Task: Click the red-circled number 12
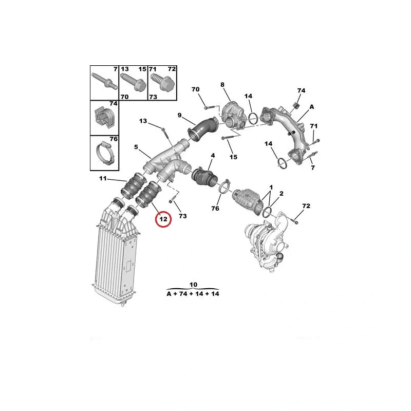pos(163,219)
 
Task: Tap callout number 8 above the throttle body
pos(222,85)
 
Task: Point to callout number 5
pos(136,147)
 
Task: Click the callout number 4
pos(212,155)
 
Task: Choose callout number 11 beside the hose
pos(103,179)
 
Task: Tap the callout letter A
pos(311,107)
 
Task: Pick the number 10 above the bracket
pos(193,284)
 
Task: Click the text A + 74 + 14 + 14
pos(193,294)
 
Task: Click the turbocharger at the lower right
pos(267,241)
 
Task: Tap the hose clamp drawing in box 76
pos(104,153)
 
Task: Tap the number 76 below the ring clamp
pos(215,209)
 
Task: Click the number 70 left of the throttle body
pos(195,90)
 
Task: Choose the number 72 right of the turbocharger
pos(306,206)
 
